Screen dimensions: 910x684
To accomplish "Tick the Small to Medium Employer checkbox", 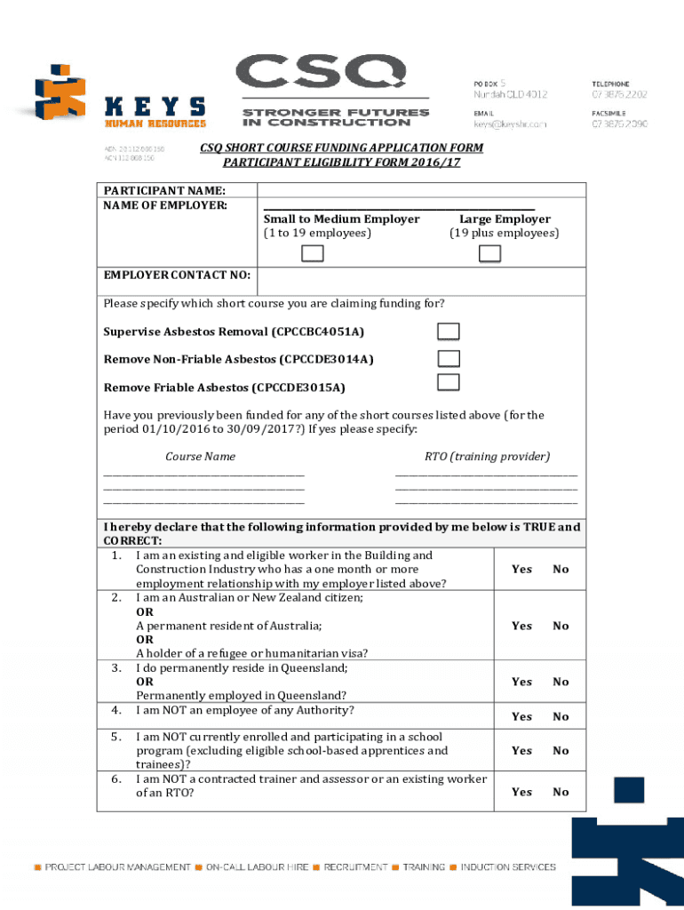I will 313,254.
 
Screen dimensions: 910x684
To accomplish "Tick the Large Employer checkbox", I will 489,254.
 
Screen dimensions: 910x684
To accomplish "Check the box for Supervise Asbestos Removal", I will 449,331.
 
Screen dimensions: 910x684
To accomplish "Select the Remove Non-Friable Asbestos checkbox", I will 449,359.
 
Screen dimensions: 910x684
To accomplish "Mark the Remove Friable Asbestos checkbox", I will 449,383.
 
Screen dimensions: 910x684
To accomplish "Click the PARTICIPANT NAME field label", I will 164,191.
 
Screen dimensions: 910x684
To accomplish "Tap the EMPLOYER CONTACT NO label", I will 177,275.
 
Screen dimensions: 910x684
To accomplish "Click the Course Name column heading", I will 201,457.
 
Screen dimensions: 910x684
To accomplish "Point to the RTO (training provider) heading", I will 487,457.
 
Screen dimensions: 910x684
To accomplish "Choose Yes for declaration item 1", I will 522,570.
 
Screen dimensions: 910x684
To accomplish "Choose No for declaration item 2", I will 561,626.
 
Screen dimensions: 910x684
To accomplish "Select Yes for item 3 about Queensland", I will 522,682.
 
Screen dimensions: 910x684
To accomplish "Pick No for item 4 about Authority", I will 561,716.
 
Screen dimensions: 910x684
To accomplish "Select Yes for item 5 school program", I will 522,751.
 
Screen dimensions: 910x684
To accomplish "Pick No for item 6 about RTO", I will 561,792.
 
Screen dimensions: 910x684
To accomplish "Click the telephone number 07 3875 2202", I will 619,95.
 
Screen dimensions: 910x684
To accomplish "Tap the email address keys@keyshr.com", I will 509,125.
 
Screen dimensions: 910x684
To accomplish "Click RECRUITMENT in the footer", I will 355,866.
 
